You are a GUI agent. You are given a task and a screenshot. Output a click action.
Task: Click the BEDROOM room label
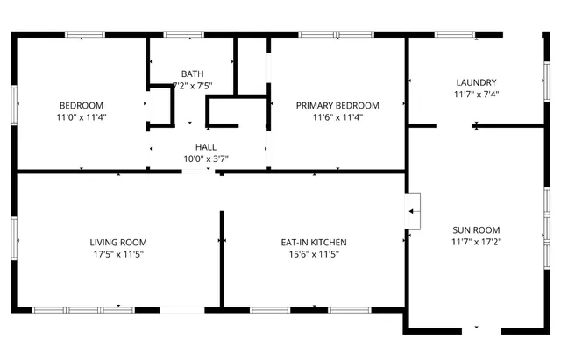(82, 105)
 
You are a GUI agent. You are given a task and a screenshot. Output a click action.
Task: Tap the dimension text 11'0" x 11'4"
(82, 116)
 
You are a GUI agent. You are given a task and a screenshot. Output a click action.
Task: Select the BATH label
(191, 74)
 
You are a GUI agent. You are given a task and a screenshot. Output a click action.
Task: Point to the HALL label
(205, 147)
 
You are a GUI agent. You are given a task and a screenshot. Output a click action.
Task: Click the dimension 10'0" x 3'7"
(205, 159)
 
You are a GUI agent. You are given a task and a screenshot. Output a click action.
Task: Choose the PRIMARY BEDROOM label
(337, 105)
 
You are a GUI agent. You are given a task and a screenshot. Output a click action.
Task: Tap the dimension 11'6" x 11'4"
(337, 116)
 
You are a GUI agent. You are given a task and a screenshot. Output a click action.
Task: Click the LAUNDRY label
(476, 82)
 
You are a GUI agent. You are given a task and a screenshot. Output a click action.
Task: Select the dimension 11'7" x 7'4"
(476, 94)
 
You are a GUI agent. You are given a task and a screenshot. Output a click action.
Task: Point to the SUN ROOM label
(476, 229)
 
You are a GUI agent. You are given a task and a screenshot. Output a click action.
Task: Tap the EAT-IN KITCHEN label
(314, 243)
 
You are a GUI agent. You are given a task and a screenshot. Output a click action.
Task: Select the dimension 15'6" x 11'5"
(314, 254)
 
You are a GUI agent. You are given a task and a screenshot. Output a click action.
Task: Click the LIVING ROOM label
(118, 243)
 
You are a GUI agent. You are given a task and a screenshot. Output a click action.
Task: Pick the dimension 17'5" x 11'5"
(118, 254)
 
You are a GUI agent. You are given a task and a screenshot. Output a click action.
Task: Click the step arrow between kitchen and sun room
(413, 210)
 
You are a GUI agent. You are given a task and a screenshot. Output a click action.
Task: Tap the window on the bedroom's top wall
(84, 35)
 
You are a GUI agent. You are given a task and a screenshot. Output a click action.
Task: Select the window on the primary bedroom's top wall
(325, 35)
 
